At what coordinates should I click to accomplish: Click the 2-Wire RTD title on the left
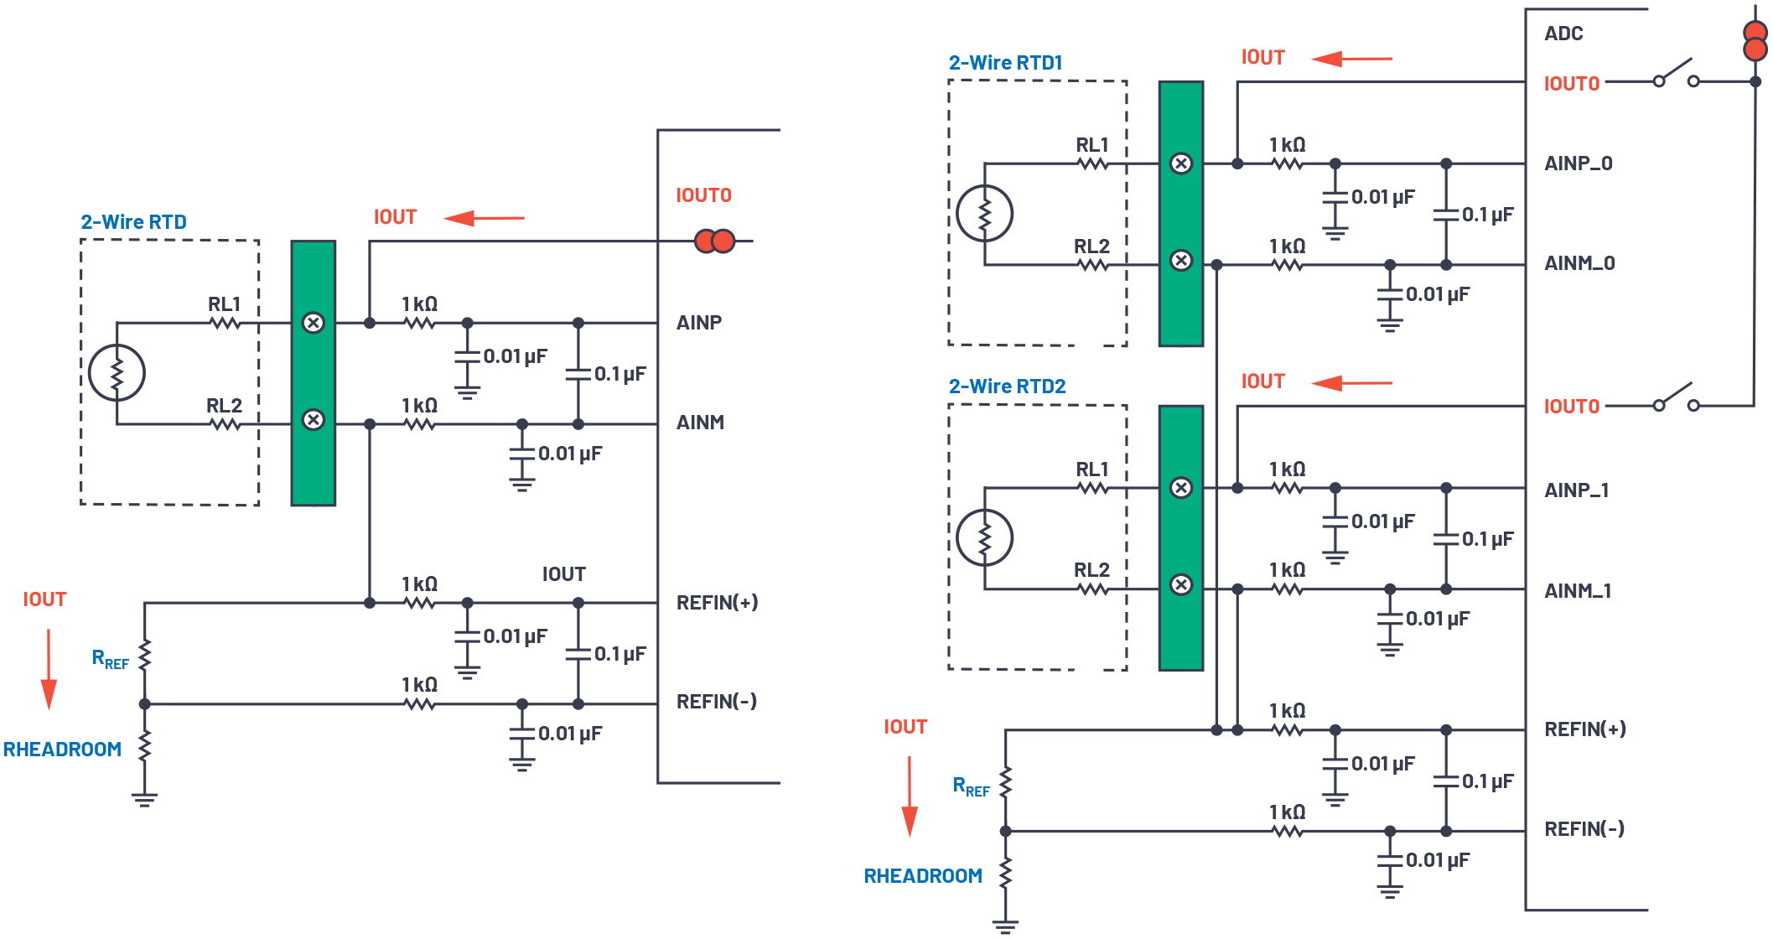point(133,222)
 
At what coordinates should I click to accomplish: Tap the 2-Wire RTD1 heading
point(1005,63)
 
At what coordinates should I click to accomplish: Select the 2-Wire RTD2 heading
point(1007,386)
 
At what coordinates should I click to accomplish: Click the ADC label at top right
point(1563,34)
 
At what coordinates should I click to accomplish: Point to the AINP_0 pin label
point(1578,163)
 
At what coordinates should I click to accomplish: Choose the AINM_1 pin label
point(1577,591)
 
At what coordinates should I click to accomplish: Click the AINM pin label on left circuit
point(700,423)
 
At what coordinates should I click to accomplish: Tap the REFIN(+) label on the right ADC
point(1584,729)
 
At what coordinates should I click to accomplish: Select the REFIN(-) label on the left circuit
point(716,702)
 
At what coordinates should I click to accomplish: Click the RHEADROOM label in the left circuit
point(62,750)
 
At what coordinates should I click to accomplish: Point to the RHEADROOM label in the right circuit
point(923,876)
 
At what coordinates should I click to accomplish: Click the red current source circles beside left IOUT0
point(714,241)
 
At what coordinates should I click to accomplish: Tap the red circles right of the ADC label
point(1755,41)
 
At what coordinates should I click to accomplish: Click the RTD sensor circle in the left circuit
point(117,373)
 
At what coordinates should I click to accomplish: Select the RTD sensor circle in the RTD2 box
point(985,537)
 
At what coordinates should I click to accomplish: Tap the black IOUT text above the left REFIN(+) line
point(563,574)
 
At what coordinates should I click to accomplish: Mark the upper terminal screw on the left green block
point(313,323)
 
